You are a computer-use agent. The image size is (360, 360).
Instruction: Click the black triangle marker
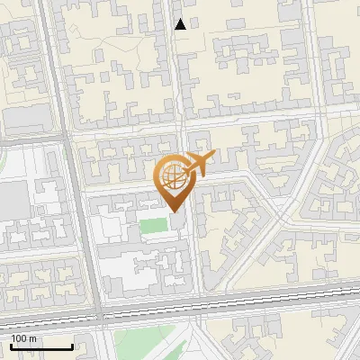tap(180, 24)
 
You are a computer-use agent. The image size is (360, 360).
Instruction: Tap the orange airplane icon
tap(199, 163)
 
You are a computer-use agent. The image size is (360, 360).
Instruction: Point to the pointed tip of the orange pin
tap(172, 212)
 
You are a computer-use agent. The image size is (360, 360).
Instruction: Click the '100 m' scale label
tap(23, 338)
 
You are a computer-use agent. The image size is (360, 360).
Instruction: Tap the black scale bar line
tap(41, 346)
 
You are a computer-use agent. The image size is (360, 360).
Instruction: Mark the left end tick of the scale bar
tap(11, 345)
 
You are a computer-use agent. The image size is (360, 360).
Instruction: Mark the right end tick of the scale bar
tap(72, 345)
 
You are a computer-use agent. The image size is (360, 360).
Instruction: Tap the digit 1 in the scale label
tap(13, 338)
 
